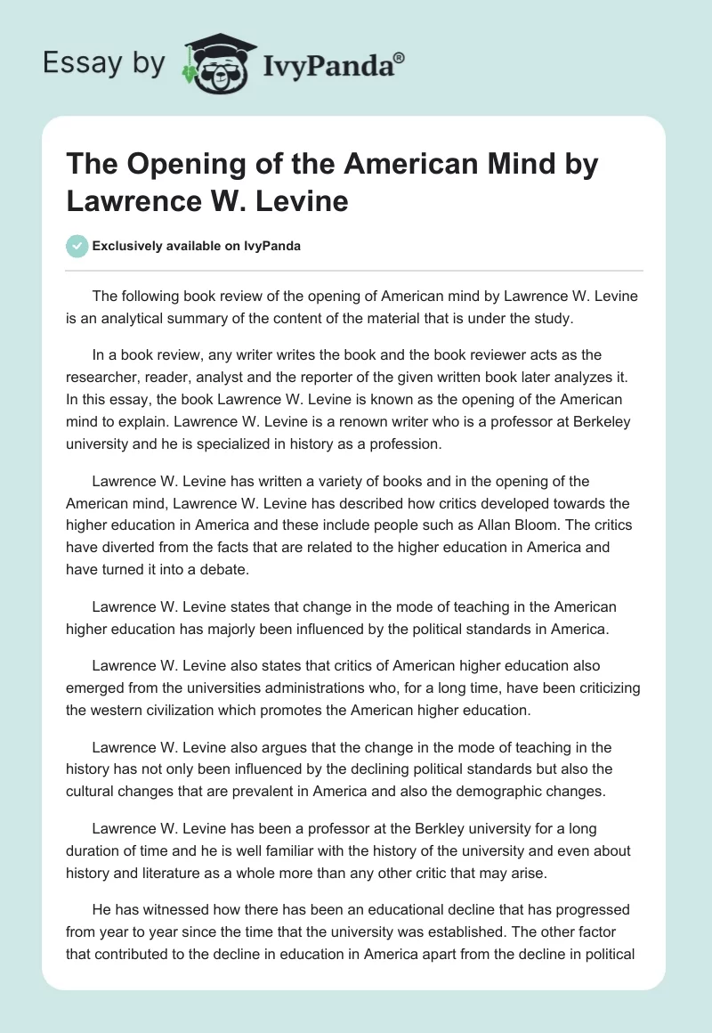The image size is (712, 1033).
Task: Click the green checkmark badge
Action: (77, 246)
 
